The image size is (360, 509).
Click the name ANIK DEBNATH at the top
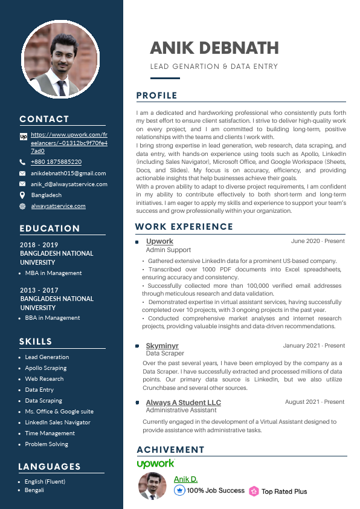coord(214,48)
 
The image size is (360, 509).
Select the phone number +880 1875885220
coord(56,162)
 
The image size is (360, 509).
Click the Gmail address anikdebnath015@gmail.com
coord(68,173)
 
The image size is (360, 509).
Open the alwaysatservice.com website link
coord(58,206)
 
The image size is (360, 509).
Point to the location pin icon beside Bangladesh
coord(22,195)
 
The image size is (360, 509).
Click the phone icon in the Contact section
coord(22,162)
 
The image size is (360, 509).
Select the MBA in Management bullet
coord(53,273)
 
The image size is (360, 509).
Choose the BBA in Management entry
coord(52,318)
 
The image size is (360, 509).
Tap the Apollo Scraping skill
coord(45,368)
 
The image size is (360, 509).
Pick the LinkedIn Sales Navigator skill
coord(57,423)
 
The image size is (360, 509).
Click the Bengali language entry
coord(34,490)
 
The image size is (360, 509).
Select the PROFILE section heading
coord(156,96)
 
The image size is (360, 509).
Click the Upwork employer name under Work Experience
coord(159,241)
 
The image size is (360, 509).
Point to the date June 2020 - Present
coord(318,241)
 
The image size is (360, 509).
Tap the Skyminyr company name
coord(162,346)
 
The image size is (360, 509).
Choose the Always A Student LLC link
coord(183,403)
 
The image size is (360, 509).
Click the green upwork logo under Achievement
coord(155,464)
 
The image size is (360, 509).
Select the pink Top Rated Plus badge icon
coord(254,491)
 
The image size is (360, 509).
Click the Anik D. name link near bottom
coord(185,479)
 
